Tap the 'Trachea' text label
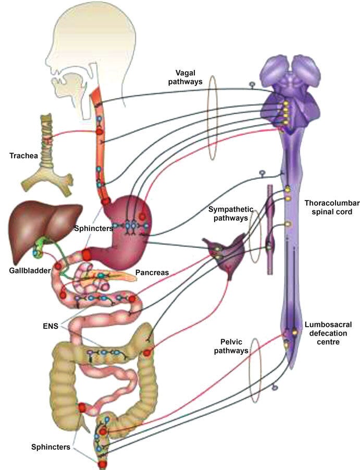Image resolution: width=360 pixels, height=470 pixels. tap(24, 155)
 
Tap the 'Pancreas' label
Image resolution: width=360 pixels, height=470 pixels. tap(151, 272)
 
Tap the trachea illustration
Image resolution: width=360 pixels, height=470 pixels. tap(46, 156)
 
